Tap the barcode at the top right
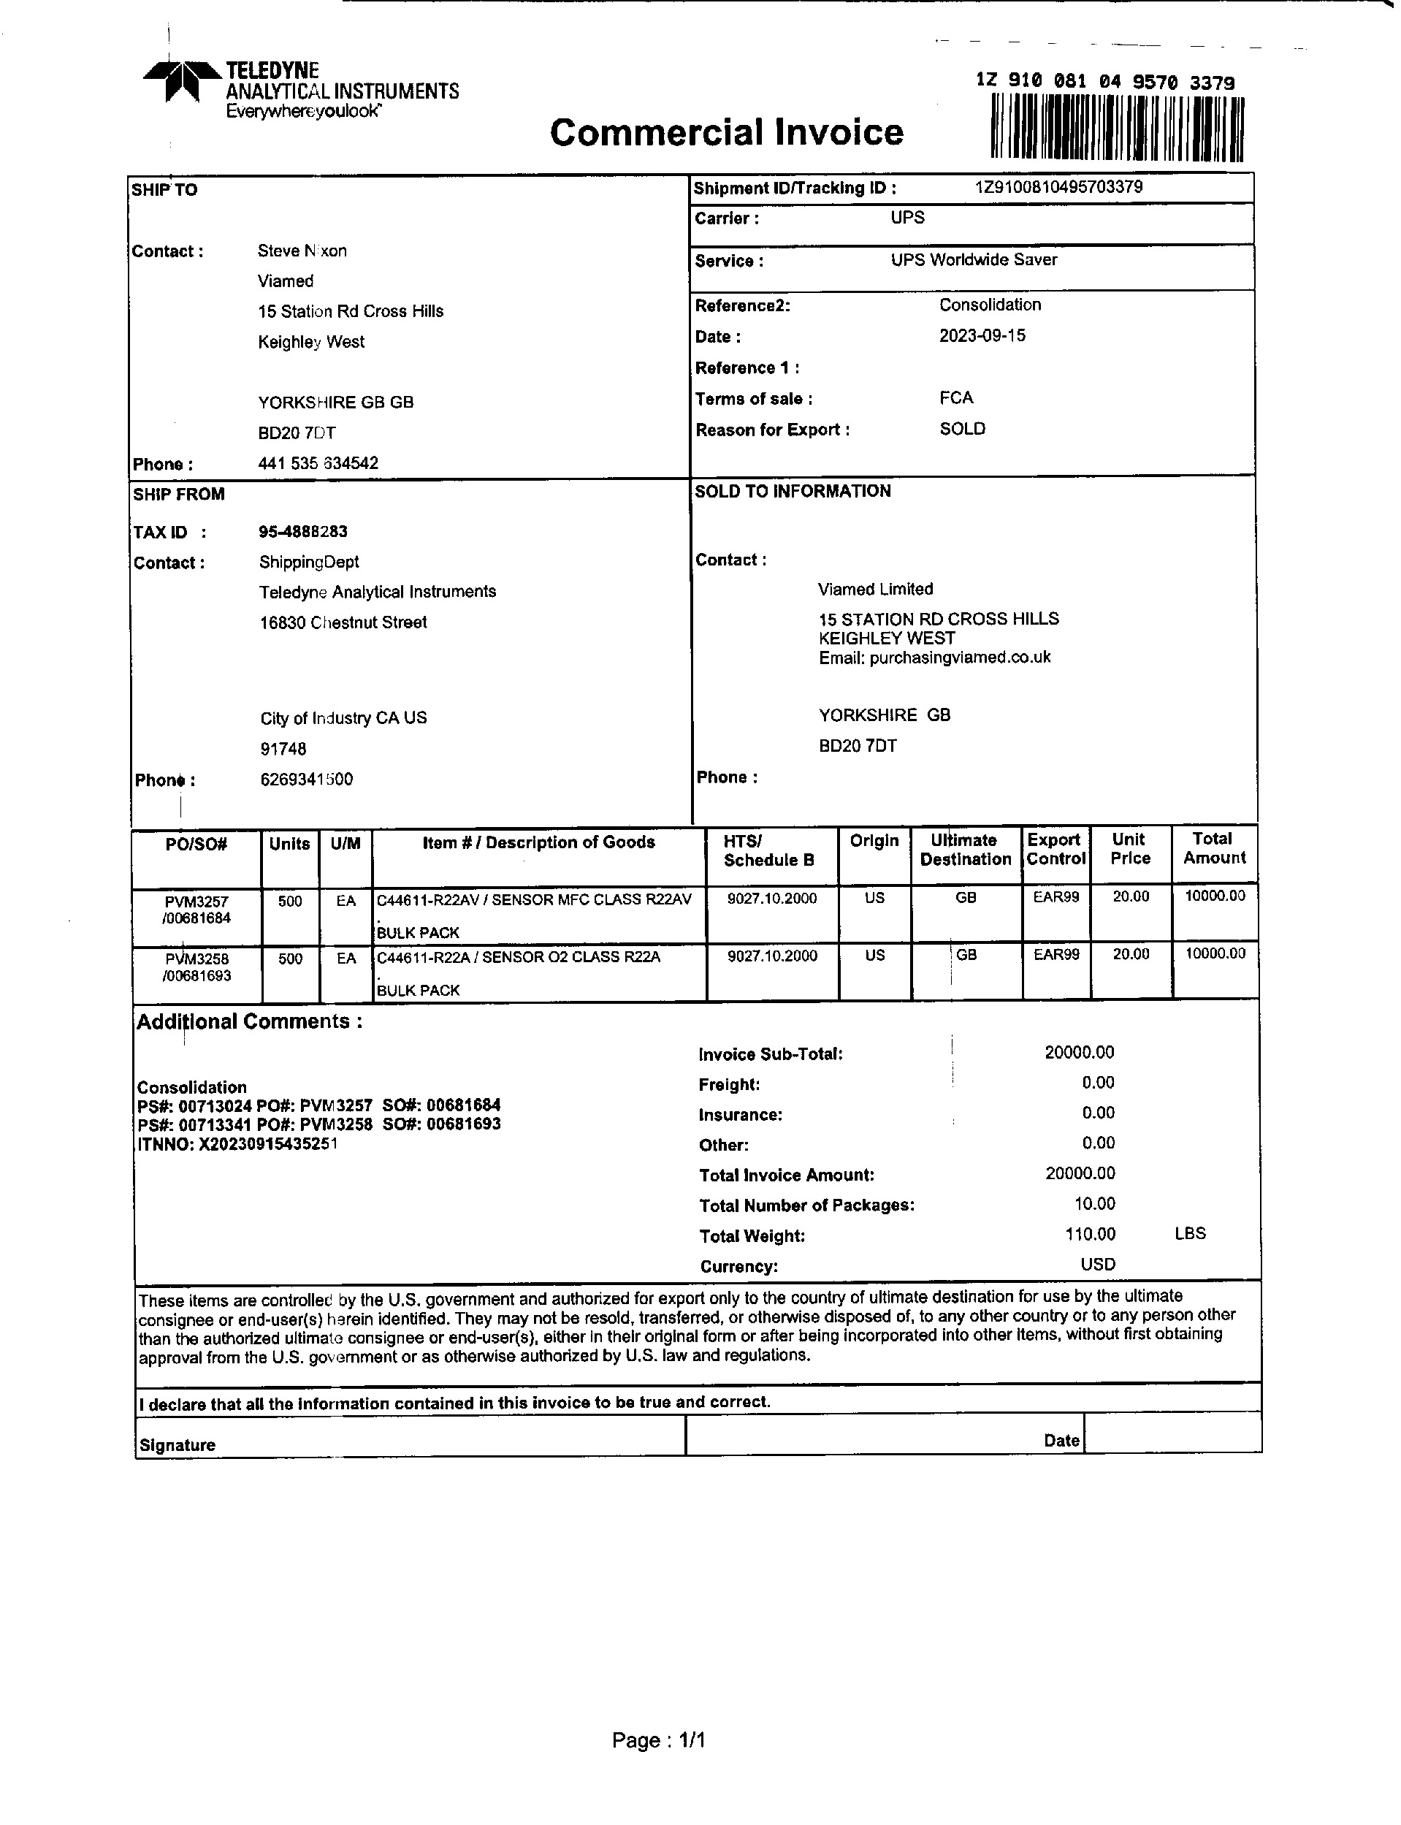point(1117,128)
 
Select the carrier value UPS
point(907,218)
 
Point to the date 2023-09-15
point(982,335)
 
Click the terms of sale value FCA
point(955,398)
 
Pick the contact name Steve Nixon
point(302,251)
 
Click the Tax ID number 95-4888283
point(302,531)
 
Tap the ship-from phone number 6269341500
point(306,779)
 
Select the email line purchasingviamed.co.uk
point(934,658)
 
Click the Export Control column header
point(1055,849)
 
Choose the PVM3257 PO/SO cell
point(196,910)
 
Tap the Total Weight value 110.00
point(1090,1234)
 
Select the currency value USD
point(1097,1264)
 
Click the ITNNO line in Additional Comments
point(237,1143)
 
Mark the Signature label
point(177,1446)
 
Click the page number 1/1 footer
point(659,1740)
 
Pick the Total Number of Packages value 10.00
point(1094,1203)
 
